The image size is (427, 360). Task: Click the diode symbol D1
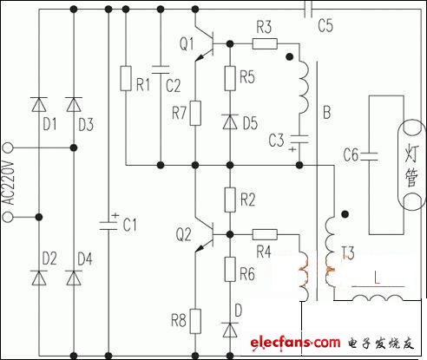39,104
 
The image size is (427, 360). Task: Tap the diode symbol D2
39,278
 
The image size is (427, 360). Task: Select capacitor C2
161,67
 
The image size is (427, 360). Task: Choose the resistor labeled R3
265,44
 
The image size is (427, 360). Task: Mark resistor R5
230,78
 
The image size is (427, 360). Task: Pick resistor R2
230,200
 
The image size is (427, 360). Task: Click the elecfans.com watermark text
295,344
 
